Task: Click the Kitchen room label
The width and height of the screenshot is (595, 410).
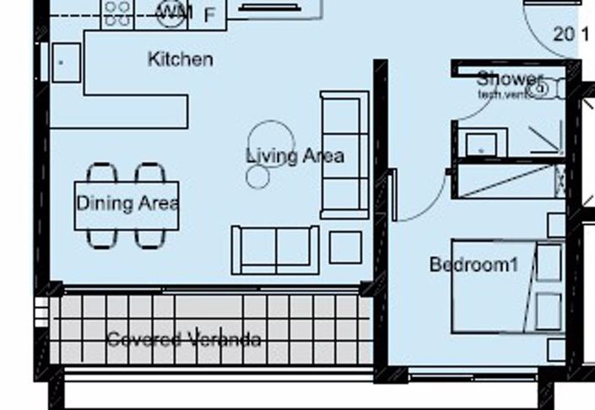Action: pos(180,60)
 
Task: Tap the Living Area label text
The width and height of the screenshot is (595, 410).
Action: pos(295,156)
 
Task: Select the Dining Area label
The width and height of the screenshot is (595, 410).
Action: pos(127,203)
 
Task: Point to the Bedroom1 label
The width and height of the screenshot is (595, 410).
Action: pos(473,265)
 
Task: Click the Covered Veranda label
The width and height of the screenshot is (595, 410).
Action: pos(183,340)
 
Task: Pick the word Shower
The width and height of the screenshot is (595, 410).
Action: pos(509,79)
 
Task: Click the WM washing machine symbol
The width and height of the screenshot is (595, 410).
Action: pos(175,12)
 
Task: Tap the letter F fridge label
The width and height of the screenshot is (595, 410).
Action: pos(210,14)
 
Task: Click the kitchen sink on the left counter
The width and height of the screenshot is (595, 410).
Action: pos(66,62)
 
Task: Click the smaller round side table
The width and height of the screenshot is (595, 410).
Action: pos(257,176)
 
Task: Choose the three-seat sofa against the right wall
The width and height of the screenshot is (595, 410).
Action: pos(343,154)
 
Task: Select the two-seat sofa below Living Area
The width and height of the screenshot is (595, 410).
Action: pos(275,249)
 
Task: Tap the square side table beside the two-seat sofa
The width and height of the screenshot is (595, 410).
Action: pos(345,247)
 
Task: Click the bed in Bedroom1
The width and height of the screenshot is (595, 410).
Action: pos(506,288)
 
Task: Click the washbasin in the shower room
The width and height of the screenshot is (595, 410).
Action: pos(482,143)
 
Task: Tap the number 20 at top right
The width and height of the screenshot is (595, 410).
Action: pos(563,35)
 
